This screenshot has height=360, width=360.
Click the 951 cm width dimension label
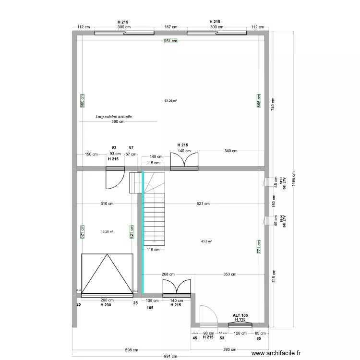click(x=170, y=41)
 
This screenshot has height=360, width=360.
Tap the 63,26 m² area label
click(x=170, y=101)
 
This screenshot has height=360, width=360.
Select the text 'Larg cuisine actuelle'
click(x=114, y=117)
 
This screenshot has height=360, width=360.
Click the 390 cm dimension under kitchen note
click(x=118, y=122)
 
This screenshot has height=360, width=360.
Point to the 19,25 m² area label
click(x=107, y=231)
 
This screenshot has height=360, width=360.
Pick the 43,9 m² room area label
click(x=206, y=241)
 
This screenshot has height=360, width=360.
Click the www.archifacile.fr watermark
click(x=278, y=353)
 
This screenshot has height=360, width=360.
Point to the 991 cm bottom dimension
click(x=170, y=357)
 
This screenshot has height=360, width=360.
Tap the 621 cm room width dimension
click(x=203, y=204)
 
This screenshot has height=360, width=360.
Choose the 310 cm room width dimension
click(x=108, y=204)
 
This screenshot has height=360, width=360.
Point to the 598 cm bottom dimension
click(x=132, y=350)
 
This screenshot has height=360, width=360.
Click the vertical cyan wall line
click(x=143, y=230)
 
